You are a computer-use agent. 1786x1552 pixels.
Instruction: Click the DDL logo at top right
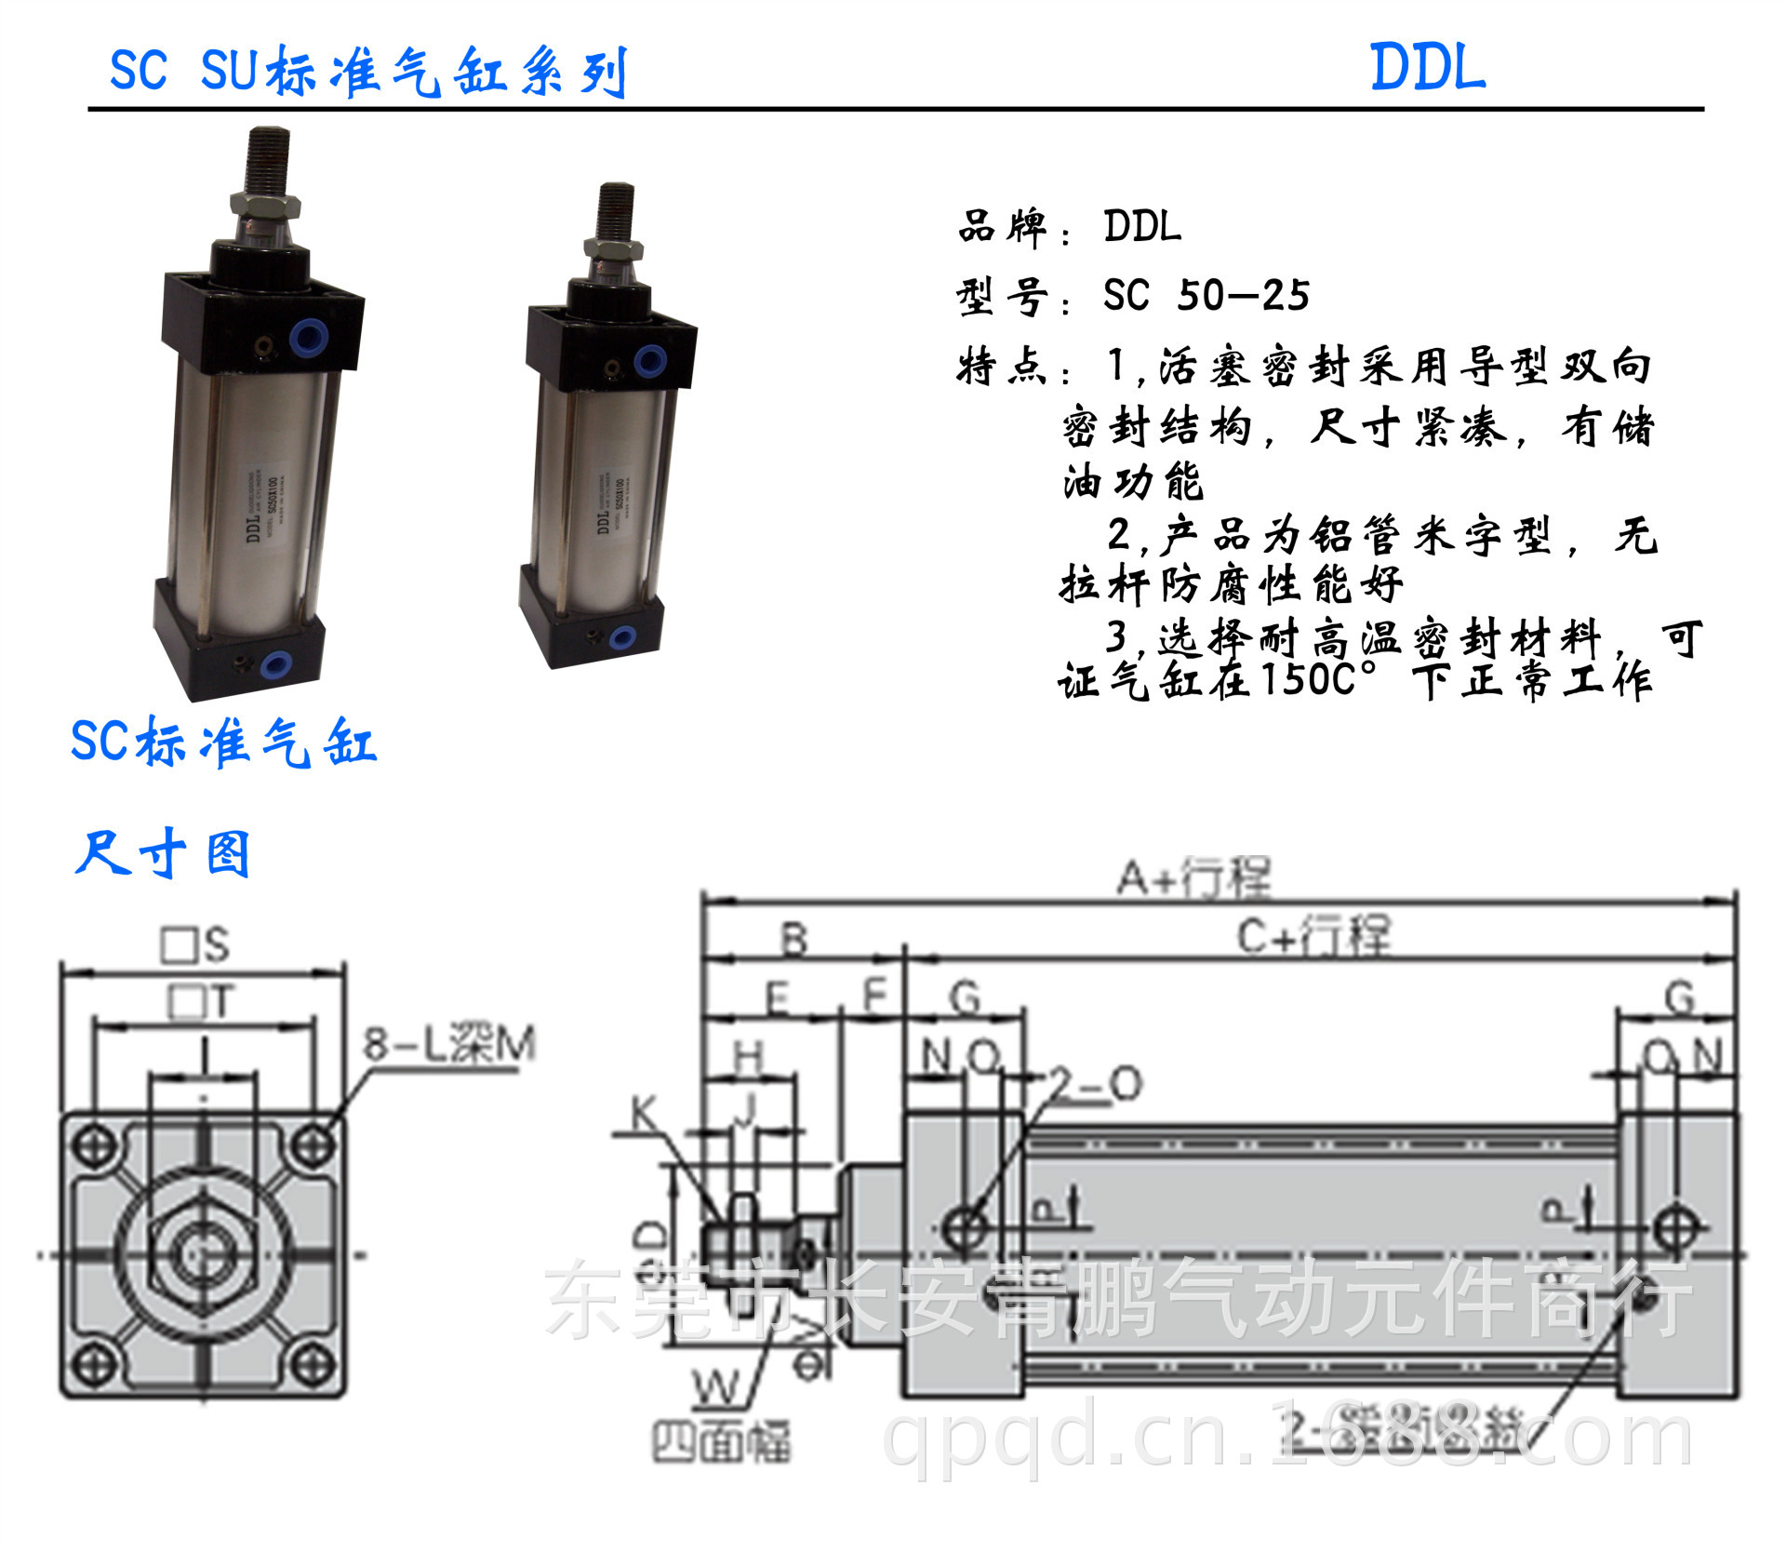(1427, 67)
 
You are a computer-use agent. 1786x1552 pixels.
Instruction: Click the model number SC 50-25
(1206, 296)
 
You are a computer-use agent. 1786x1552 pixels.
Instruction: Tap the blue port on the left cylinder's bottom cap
(275, 664)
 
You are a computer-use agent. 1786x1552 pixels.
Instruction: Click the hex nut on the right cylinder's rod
(614, 248)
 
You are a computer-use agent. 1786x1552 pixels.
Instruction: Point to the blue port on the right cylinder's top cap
(649, 360)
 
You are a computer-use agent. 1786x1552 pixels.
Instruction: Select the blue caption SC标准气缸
(223, 743)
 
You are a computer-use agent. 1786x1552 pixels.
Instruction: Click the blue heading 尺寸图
(163, 853)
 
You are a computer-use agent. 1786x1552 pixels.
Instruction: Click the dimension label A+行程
(1193, 877)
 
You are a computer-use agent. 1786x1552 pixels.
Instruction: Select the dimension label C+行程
(1313, 935)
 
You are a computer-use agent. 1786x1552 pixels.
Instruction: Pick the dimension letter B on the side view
(793, 940)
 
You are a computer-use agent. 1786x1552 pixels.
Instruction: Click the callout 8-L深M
(449, 1044)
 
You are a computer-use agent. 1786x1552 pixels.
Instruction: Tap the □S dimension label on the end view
(195, 945)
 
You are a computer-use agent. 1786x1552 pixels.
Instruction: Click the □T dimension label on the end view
(199, 1002)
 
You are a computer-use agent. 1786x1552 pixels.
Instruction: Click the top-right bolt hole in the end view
(313, 1144)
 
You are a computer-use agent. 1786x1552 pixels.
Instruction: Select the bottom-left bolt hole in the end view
(93, 1365)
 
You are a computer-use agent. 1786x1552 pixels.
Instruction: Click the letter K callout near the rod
(644, 1112)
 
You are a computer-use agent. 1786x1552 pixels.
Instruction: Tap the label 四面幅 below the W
(721, 1441)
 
